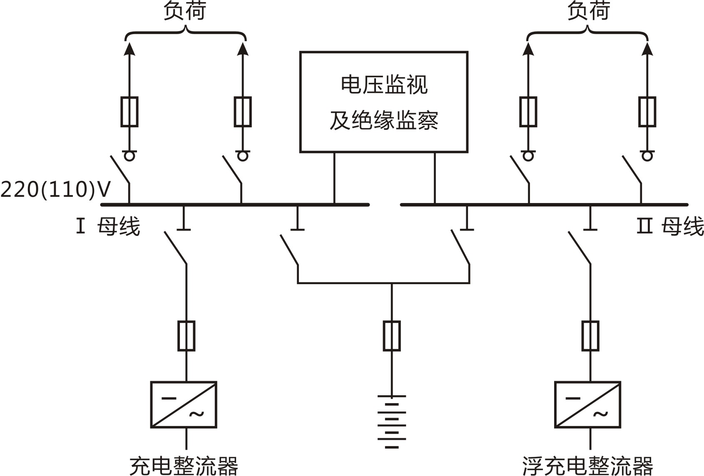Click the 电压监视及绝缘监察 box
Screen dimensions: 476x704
coord(383,102)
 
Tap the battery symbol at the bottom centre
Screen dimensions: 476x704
coord(391,421)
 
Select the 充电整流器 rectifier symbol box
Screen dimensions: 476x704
coord(184,404)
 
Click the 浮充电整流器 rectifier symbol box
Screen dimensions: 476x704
coord(587,404)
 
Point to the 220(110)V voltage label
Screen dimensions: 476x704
coord(56,190)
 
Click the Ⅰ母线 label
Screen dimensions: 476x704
coord(108,227)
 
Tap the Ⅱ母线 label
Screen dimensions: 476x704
coord(670,227)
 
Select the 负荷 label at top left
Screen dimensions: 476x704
coord(184,11)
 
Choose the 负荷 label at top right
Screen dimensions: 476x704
coord(588,11)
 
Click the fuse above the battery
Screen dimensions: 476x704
coord(391,336)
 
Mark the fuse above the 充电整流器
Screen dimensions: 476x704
coord(186,336)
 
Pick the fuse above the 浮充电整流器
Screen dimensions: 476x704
coord(590,336)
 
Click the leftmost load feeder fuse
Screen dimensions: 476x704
coord(129,112)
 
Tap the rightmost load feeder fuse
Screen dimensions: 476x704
coord(647,112)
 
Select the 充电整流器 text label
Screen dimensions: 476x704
coord(184,466)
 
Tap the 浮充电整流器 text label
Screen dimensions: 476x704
coord(587,466)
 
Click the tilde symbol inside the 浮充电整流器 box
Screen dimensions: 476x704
coord(600,414)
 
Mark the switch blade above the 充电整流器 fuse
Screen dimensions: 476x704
coord(175,248)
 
